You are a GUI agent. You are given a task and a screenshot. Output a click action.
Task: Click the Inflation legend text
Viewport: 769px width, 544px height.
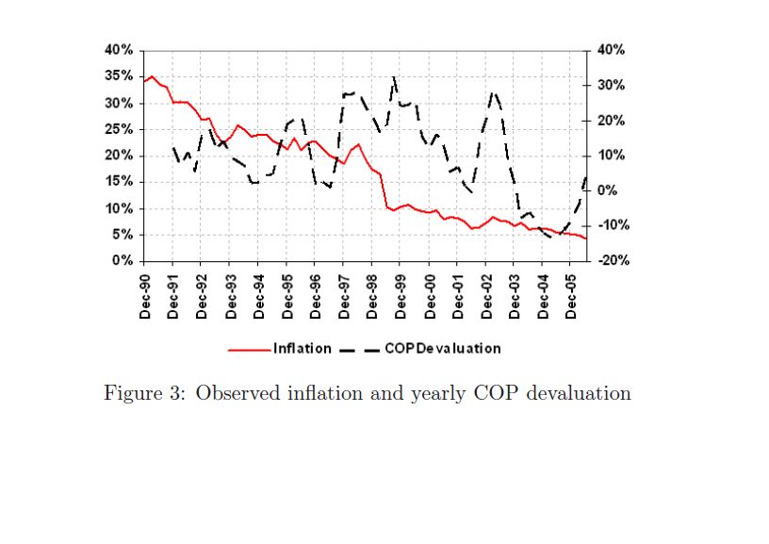click(x=303, y=348)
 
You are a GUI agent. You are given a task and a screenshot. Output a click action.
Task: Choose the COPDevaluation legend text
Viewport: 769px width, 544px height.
click(x=443, y=348)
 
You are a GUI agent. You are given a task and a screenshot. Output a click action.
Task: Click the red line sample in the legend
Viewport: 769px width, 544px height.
click(x=250, y=349)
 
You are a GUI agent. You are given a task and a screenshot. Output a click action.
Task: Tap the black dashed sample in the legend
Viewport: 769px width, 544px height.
click(x=359, y=349)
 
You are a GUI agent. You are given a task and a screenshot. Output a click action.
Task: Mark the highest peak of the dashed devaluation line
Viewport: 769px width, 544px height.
click(x=394, y=76)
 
